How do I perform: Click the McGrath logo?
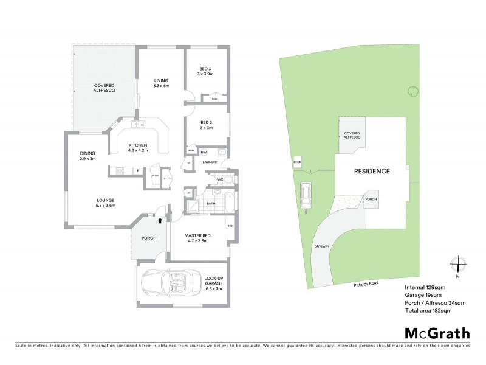point(437,333)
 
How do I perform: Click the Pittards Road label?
point(365,282)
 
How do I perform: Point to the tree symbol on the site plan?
point(413,91)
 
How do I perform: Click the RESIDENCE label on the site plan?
point(372,171)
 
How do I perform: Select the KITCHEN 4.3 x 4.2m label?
point(138,148)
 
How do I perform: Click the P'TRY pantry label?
point(155,176)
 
